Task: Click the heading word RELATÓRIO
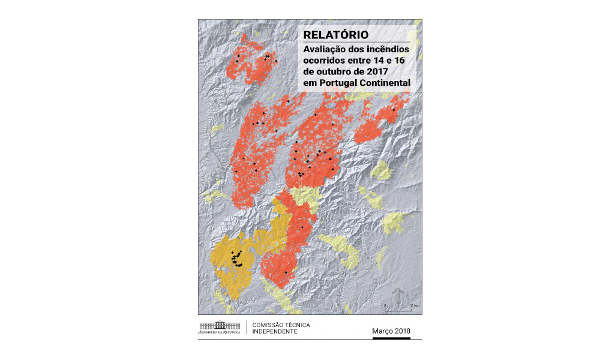[335, 35]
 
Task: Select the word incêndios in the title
[386, 49]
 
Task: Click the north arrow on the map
[397, 296]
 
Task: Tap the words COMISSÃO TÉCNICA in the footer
[281, 325]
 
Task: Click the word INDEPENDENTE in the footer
[275, 332]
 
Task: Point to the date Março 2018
[391, 331]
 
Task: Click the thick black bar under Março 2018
[391, 338]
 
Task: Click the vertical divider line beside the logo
[247, 328]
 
